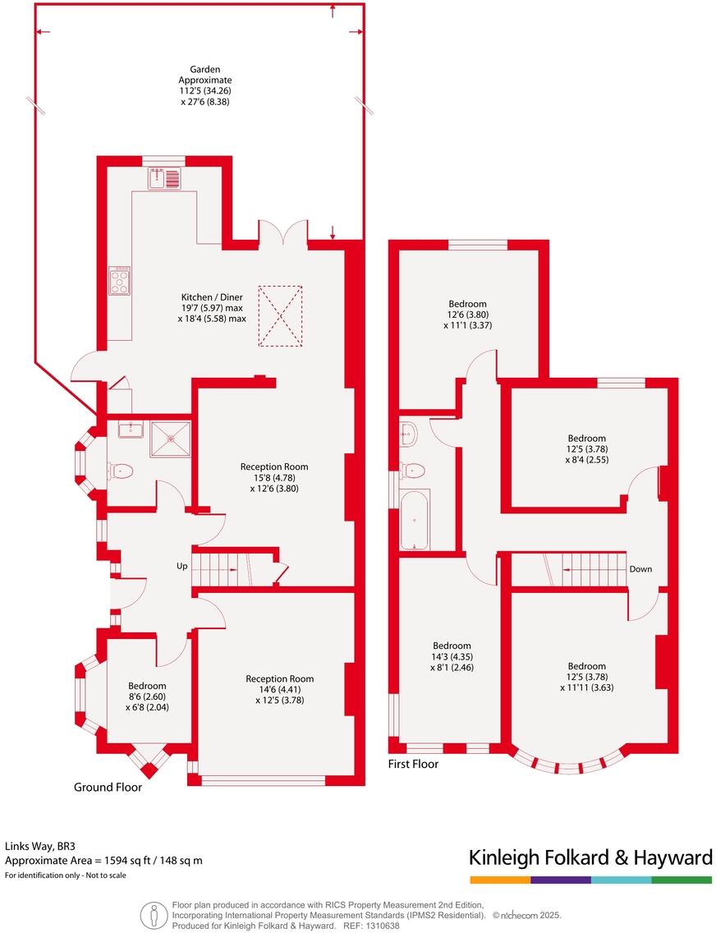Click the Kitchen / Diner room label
[213, 296]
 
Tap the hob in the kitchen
[120, 281]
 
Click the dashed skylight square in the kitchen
[280, 315]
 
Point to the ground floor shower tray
[170, 439]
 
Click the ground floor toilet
[120, 471]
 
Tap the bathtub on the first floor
[414, 520]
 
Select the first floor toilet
[411, 470]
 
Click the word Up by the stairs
[182, 567]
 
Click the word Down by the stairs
[640, 569]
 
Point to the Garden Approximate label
[205, 80]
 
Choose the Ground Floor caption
[108, 787]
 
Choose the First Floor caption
[413, 764]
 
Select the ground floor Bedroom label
[147, 686]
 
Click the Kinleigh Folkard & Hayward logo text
[590, 858]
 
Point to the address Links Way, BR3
[40, 845]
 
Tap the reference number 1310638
[382, 926]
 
